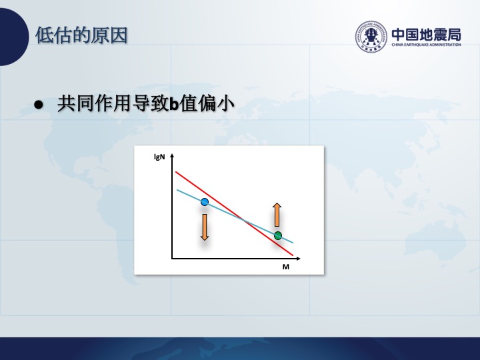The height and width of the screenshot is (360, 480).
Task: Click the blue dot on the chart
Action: coord(205,202)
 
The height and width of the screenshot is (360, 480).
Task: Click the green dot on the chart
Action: coord(277,236)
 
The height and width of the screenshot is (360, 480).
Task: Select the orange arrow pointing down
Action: coord(205,227)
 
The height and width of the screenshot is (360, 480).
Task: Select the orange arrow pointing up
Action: coord(277,215)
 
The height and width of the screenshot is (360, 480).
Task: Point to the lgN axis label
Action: coord(159,157)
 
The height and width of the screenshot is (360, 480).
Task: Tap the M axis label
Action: coord(285,267)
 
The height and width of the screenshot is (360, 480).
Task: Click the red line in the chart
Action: coord(234,213)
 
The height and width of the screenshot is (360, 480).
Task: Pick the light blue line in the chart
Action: coord(235,217)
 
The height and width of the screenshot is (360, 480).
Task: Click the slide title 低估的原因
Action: coord(81,35)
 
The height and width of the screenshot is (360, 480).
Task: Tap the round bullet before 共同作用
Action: coord(39,105)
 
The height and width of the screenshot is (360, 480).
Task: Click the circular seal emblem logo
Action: coord(371,37)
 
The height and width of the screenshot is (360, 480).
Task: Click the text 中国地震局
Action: coord(427,34)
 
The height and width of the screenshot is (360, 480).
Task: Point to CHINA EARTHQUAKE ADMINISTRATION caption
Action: coord(427,45)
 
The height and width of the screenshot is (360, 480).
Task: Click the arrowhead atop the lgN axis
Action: coord(172,155)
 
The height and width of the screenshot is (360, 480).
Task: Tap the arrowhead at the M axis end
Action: coord(298,259)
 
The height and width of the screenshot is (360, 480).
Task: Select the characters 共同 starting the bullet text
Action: coord(75,103)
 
